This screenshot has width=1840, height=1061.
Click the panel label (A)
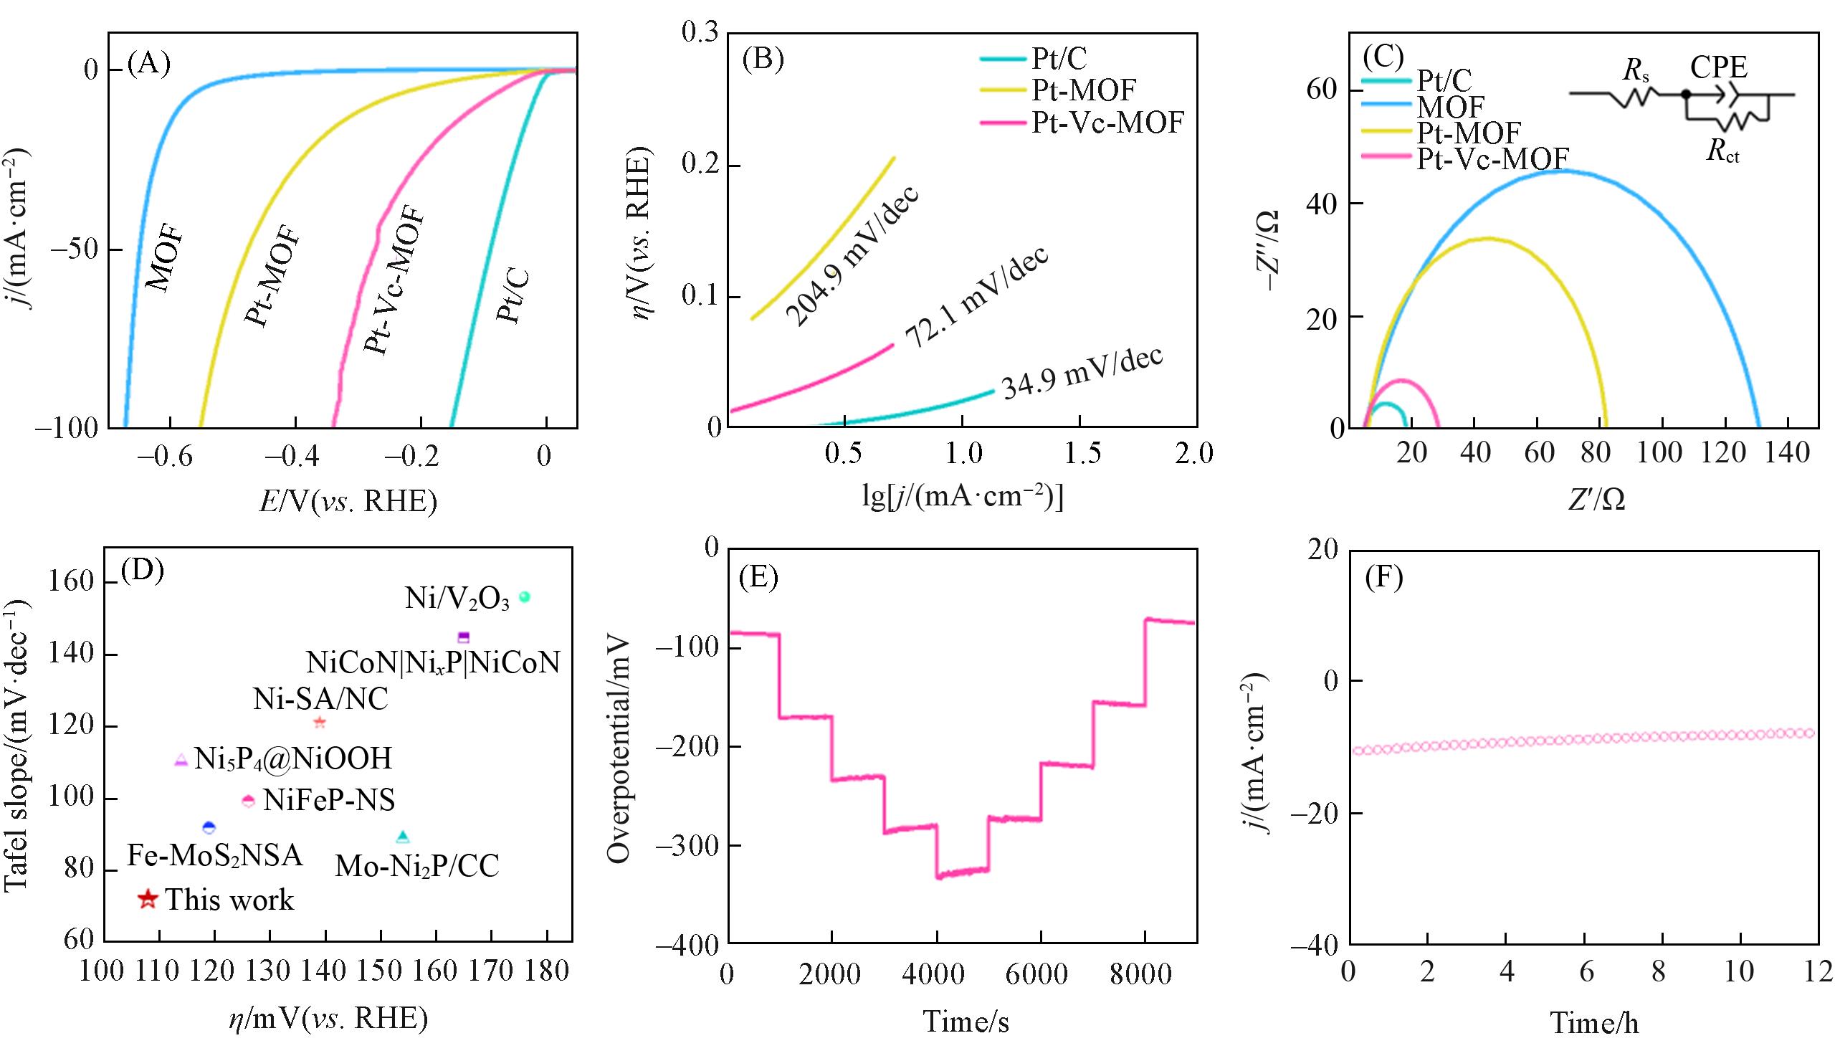point(148,64)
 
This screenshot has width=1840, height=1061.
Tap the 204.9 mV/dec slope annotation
point(852,257)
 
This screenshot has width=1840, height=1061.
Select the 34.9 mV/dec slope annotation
point(1082,373)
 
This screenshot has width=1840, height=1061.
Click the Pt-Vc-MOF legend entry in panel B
point(1107,123)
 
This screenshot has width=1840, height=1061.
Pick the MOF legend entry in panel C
point(1449,108)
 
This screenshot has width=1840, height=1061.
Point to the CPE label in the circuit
point(1718,68)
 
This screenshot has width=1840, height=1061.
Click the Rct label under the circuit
point(1722,151)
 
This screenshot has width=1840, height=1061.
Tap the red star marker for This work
point(148,899)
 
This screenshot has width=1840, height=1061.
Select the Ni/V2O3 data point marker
point(524,596)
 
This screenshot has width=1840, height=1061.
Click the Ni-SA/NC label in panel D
point(320,699)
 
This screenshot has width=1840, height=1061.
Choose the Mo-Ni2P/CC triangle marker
point(403,837)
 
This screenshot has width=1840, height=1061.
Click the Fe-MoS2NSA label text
point(215,855)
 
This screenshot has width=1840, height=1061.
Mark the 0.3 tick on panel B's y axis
point(700,33)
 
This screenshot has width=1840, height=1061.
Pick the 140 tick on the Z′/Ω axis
point(1788,452)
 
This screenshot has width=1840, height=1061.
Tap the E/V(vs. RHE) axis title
point(348,501)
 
